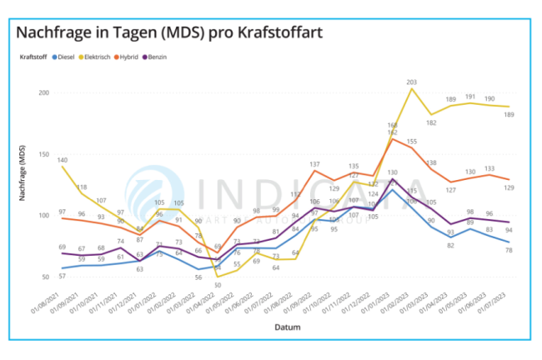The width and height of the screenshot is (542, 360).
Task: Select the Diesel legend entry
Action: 63,57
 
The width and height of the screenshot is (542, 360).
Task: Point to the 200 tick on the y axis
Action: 43,92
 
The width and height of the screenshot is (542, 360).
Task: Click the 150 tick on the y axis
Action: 43,154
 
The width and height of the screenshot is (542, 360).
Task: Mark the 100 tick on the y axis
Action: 43,216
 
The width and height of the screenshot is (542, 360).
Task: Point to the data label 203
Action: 411,82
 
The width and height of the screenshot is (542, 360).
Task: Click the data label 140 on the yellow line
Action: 63,157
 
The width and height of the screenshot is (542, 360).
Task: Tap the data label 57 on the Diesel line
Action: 63,276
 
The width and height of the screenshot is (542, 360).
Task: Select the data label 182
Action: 431,122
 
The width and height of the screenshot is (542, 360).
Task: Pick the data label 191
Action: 469,97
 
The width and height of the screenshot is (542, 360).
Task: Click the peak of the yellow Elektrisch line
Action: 411,89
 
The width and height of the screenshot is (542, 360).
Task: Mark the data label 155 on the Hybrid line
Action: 411,142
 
